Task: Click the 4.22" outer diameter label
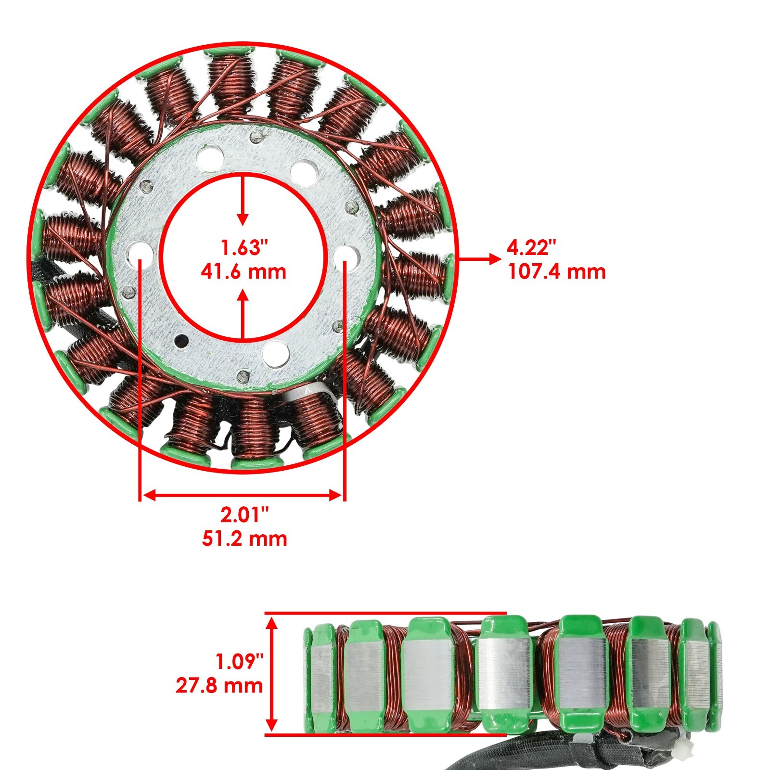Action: point(531,248)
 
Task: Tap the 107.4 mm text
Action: point(556,272)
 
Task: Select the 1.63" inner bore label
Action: point(244,248)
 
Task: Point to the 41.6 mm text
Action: point(244,272)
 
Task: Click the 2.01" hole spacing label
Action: point(244,515)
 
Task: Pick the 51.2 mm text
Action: point(244,539)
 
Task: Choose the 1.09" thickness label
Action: point(239,662)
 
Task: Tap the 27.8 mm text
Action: point(219,685)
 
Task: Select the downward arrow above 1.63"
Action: point(244,202)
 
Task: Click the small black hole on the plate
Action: point(181,341)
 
